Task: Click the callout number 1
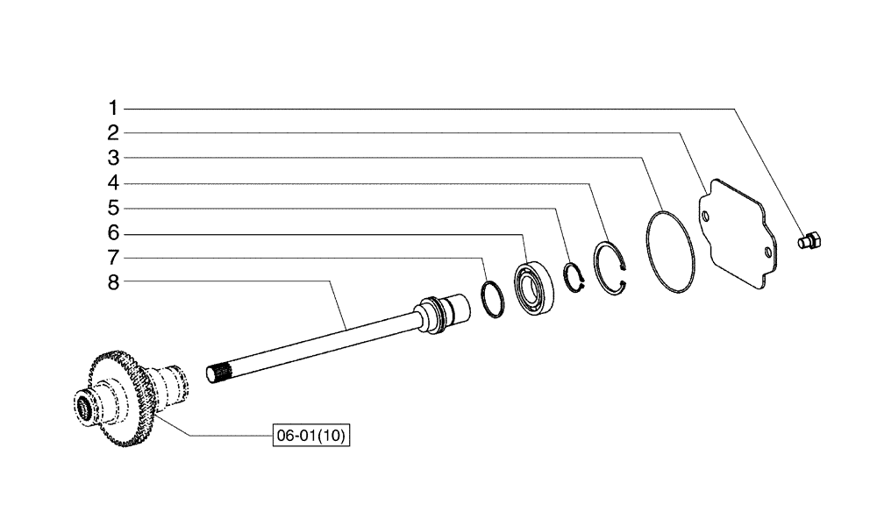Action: pos(113,108)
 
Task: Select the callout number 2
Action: pos(113,133)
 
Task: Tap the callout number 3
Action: pos(113,159)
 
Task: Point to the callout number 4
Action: pos(113,183)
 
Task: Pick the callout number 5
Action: pos(113,209)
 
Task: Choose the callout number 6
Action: pos(113,233)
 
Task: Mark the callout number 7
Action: pos(113,258)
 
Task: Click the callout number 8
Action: pos(113,282)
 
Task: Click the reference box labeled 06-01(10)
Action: pos(311,436)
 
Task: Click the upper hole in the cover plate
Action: pos(704,211)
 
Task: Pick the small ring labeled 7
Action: pos(493,298)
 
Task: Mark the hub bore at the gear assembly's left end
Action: pos(86,408)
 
